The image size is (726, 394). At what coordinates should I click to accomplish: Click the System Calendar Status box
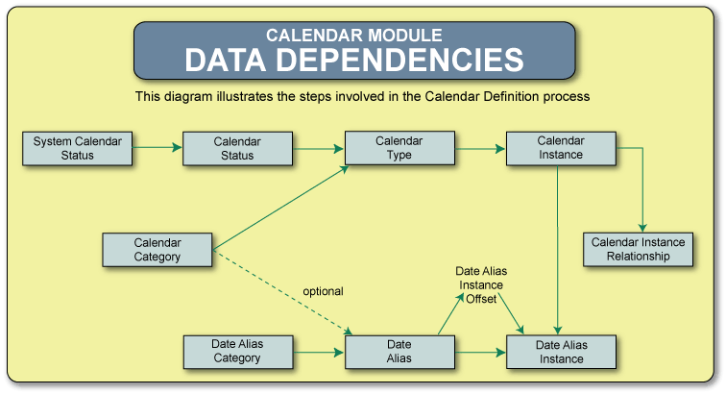tap(78, 148)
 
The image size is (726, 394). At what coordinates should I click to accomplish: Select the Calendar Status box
tap(224, 148)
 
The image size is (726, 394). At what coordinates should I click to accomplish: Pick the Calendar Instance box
tap(561, 148)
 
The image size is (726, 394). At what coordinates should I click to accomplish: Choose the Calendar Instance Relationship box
tap(639, 249)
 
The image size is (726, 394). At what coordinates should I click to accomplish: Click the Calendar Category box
tap(157, 249)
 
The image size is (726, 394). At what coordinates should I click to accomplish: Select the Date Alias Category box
tap(237, 351)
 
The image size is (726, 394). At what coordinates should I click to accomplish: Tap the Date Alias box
tap(399, 351)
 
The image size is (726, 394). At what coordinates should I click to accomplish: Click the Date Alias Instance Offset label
tap(479, 285)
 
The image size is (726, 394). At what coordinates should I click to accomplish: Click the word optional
tap(323, 290)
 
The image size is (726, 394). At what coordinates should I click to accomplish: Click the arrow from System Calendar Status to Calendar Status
tap(157, 148)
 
